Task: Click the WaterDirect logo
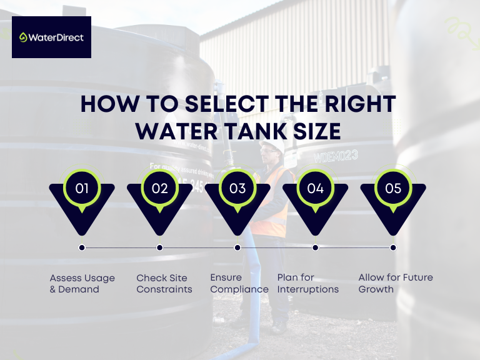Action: pos(51,37)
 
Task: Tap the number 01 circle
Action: pos(82,187)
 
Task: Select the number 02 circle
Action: pos(160,187)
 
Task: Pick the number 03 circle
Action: pos(237,187)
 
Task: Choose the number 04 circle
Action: pos(316,187)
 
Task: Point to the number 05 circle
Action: pos(393,187)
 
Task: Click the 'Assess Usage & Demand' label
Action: pos(82,283)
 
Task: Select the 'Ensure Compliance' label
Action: pos(239,283)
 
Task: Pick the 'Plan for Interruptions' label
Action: pos(307,283)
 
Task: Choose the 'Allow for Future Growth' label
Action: pos(396,283)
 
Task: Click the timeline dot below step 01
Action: pos(82,247)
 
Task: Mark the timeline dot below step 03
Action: pos(237,247)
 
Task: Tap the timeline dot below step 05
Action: pos(393,247)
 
